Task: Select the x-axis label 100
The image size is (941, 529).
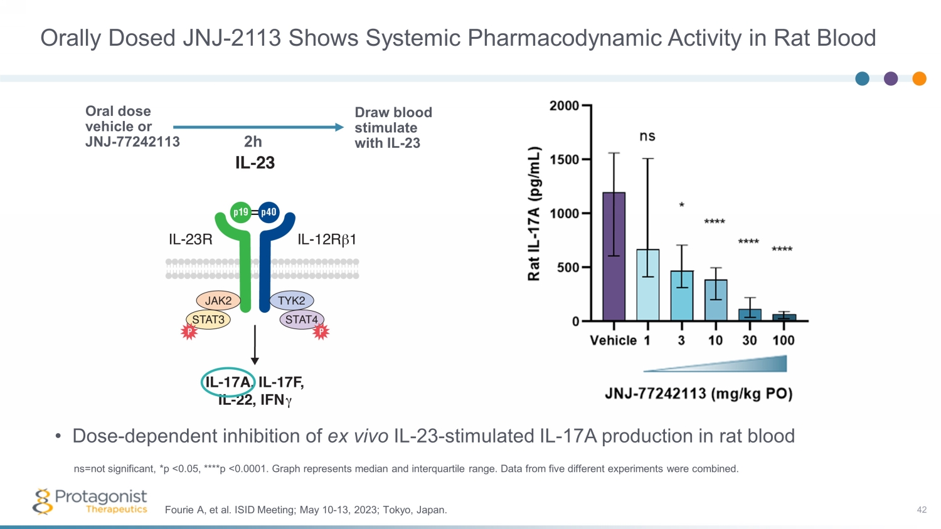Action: click(783, 340)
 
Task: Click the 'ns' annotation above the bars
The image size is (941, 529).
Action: click(647, 137)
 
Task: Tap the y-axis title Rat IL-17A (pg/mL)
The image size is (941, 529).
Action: click(534, 214)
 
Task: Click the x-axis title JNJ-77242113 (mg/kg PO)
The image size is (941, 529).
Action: click(698, 394)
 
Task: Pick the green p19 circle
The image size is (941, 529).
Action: click(240, 212)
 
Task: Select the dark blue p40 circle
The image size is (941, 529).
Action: click(268, 212)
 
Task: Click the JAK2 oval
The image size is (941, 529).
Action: click(218, 301)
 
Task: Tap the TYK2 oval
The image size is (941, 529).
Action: click(292, 301)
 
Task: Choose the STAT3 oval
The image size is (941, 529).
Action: click(208, 320)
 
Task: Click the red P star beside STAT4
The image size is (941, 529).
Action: click(321, 332)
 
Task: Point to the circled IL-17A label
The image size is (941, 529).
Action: click(228, 382)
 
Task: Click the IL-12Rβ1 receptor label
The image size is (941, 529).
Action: click(327, 239)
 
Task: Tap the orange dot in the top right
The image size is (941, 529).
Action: click(919, 78)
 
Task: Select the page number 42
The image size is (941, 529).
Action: click(921, 510)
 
